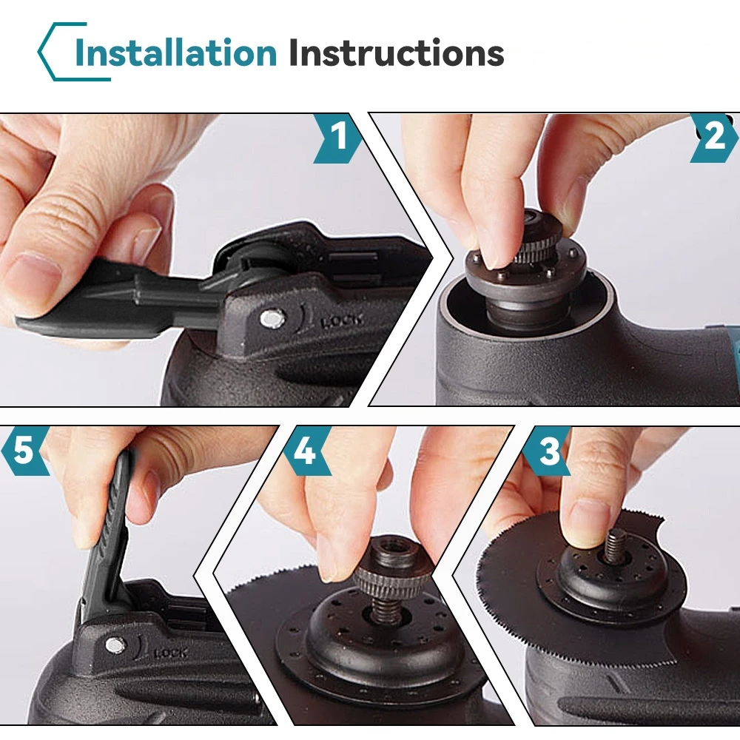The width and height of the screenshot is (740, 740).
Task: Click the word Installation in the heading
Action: tap(175, 52)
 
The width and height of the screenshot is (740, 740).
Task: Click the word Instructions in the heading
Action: tap(396, 52)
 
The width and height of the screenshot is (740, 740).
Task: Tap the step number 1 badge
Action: tap(338, 138)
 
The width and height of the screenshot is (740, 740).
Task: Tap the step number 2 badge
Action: tap(713, 138)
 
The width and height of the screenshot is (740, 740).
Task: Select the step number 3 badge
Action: tap(548, 451)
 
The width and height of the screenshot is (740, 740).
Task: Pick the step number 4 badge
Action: tap(306, 451)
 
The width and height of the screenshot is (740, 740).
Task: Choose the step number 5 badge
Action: tap(24, 451)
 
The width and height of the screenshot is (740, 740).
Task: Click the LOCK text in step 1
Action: tap(343, 321)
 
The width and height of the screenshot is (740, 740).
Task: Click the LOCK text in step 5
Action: tap(170, 653)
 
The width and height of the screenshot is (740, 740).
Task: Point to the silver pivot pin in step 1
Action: tap(272, 319)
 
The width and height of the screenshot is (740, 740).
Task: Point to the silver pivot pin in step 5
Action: tap(115, 645)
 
